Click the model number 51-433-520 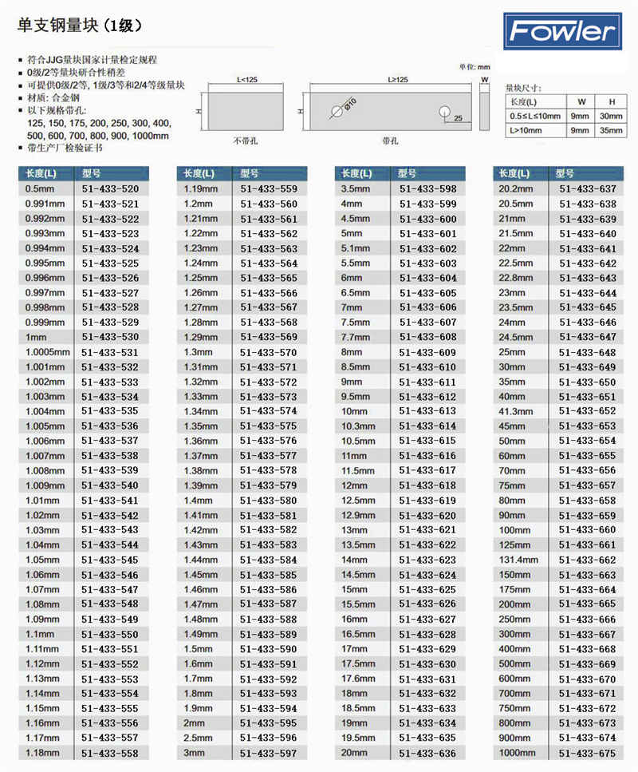click(x=110, y=189)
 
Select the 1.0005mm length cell click(x=48, y=352)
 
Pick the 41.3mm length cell click(x=516, y=411)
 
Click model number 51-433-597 click(x=268, y=753)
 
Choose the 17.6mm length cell click(x=358, y=679)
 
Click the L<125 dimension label click(x=247, y=80)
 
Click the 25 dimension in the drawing click(x=457, y=118)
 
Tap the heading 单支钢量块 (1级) click(x=80, y=26)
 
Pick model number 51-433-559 click(x=268, y=189)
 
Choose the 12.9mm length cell click(x=358, y=516)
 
